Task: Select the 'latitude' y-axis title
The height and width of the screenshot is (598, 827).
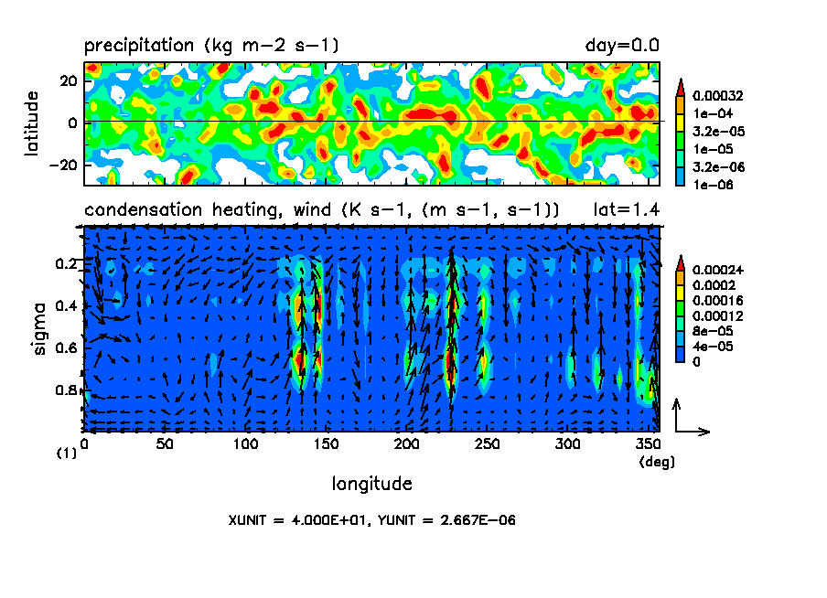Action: click(x=32, y=123)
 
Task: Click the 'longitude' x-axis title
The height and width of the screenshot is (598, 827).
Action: click(x=371, y=483)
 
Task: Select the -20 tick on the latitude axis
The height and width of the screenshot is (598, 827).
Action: click(x=68, y=165)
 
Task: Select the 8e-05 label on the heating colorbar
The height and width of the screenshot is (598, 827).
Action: click(x=709, y=331)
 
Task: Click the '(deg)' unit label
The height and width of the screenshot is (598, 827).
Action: click(x=656, y=463)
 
